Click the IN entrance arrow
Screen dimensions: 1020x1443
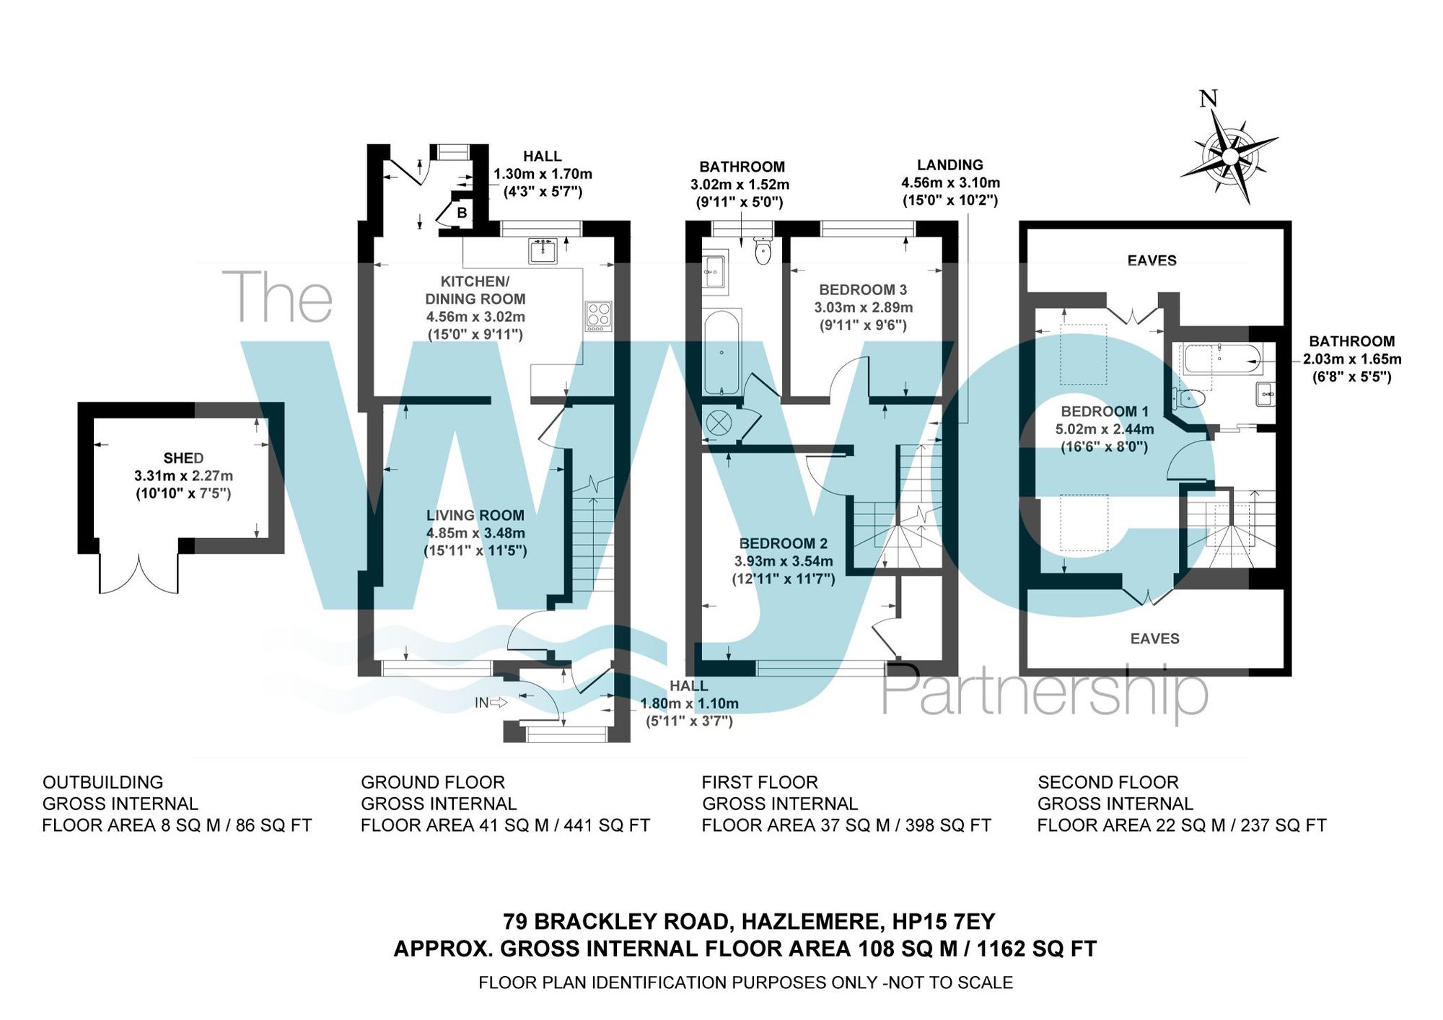[x=491, y=703]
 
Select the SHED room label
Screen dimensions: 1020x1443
[x=183, y=458]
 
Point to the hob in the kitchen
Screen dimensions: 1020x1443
[x=599, y=316]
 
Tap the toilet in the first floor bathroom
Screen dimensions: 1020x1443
[x=763, y=250]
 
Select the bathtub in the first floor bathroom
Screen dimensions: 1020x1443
[x=721, y=352]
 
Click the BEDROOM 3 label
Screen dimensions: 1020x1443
[x=863, y=290]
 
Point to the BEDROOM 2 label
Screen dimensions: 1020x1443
[x=784, y=544]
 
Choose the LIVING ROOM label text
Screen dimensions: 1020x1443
[x=475, y=516]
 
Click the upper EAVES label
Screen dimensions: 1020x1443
[x=1152, y=260]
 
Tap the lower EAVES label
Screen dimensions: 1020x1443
[x=1154, y=638]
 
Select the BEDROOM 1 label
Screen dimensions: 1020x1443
[x=1104, y=412]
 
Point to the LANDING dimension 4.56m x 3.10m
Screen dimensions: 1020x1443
[x=950, y=183]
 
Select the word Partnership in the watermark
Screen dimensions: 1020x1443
[x=1044, y=693]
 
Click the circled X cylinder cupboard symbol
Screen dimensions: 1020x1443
[x=718, y=423]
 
